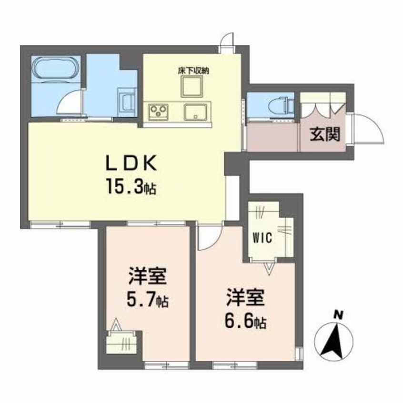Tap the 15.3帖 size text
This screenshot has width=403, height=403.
pos(131,184)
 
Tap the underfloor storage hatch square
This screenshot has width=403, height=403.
pos(192,87)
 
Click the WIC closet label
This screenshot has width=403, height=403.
pos(262,238)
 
